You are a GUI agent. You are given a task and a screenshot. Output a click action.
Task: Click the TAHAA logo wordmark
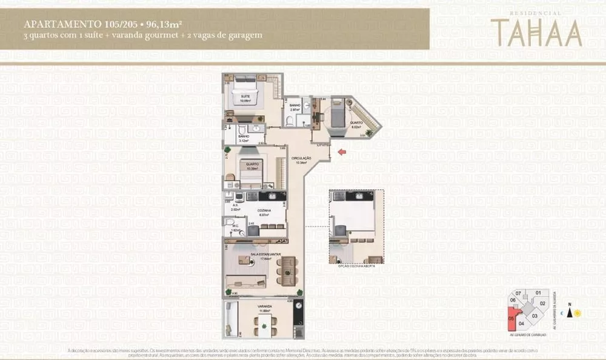point(536,33)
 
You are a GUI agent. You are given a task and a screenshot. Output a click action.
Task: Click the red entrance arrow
point(342,152)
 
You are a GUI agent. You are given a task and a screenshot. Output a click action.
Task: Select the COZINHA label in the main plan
point(264,210)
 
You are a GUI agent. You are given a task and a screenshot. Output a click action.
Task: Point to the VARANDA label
point(264,307)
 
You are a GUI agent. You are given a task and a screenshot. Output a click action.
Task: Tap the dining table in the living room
point(288,267)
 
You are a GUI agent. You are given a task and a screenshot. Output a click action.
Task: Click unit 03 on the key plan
point(534,316)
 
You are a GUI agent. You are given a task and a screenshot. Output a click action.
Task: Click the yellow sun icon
point(578,313)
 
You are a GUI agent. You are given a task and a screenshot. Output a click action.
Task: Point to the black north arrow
point(569,312)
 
